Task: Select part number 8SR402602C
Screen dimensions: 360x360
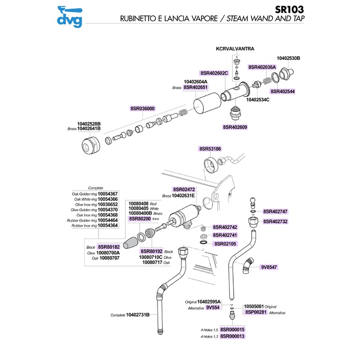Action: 214,73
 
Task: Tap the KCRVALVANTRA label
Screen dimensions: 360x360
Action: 236,48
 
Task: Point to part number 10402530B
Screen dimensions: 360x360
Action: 288,58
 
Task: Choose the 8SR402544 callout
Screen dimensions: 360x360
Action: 283,90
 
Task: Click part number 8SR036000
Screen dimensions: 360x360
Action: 143,108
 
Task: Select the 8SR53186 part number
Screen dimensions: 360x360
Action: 210,148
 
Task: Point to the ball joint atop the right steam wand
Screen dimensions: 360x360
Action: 254,200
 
